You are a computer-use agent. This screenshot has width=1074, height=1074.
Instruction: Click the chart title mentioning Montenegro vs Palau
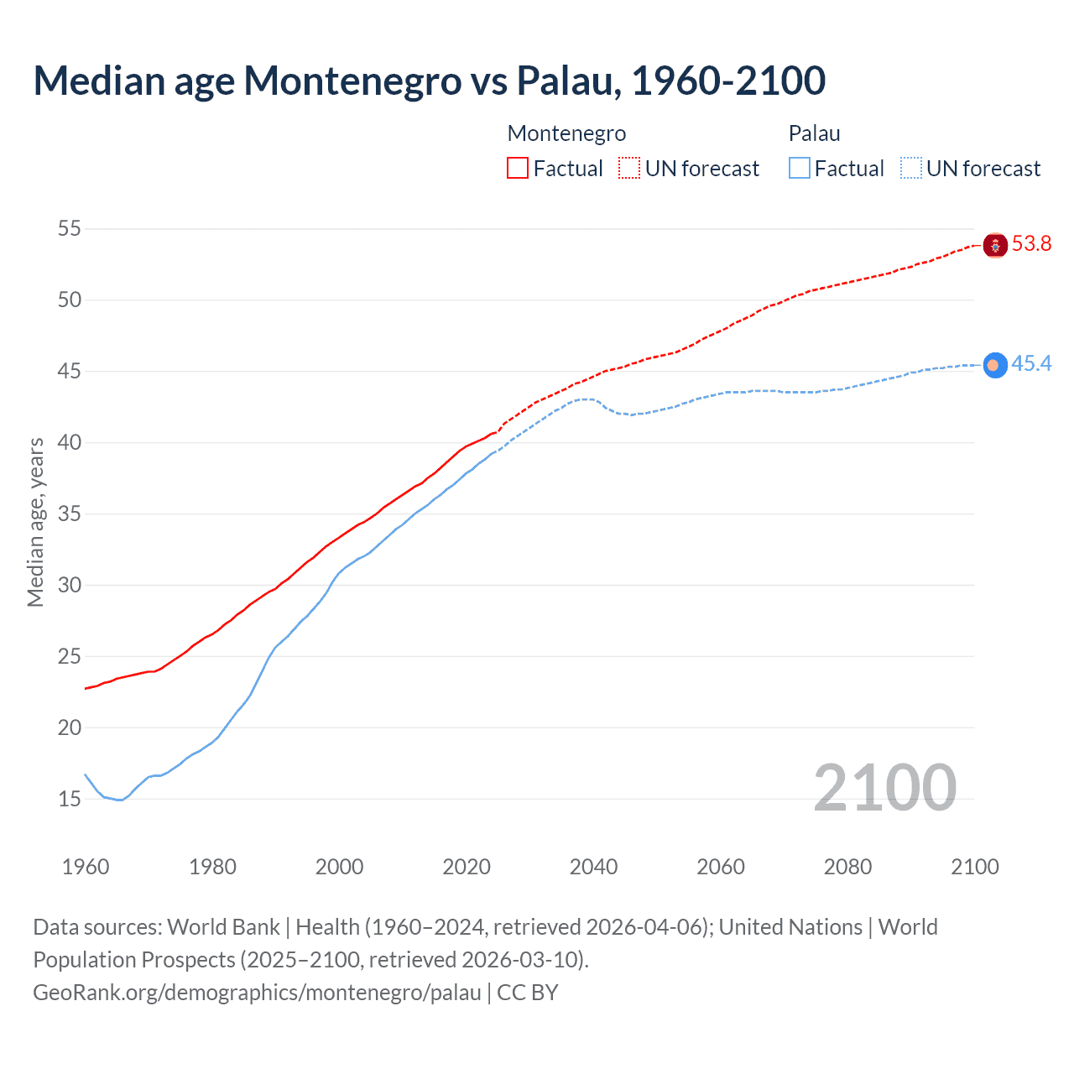coord(429,81)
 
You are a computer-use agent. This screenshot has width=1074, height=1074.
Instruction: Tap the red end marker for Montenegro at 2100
coord(995,245)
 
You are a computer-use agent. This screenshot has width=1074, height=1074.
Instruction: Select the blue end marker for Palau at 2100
coord(995,365)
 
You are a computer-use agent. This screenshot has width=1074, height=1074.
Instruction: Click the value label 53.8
coord(1031,244)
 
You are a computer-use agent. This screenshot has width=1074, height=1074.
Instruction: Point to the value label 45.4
coord(1031,363)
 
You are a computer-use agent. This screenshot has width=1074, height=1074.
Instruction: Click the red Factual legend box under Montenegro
coord(518,169)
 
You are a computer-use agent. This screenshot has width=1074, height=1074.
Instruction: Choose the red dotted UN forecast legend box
coord(629,169)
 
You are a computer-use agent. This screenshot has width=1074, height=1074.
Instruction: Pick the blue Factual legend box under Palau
coord(800,169)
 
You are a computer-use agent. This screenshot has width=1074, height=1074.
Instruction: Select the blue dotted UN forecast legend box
coord(911,169)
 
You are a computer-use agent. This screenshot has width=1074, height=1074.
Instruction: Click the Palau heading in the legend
coord(814,133)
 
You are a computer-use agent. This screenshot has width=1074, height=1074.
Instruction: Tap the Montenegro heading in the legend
coord(566,133)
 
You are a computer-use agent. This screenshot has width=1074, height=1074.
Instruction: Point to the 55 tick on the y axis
coord(70,228)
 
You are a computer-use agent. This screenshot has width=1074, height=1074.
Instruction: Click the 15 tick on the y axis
coord(70,799)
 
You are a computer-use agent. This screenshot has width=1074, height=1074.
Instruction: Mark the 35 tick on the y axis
coord(70,514)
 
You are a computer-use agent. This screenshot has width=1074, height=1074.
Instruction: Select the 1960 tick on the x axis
coord(86,867)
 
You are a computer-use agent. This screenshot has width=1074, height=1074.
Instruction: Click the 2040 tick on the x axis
coord(593,867)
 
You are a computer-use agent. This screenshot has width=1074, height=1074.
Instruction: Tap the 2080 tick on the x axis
coord(847,867)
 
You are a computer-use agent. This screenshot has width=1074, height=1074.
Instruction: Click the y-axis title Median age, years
coord(35,522)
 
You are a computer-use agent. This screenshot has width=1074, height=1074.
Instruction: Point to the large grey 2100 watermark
coord(884,787)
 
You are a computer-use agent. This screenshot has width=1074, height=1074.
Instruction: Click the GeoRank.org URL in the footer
coord(257,993)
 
